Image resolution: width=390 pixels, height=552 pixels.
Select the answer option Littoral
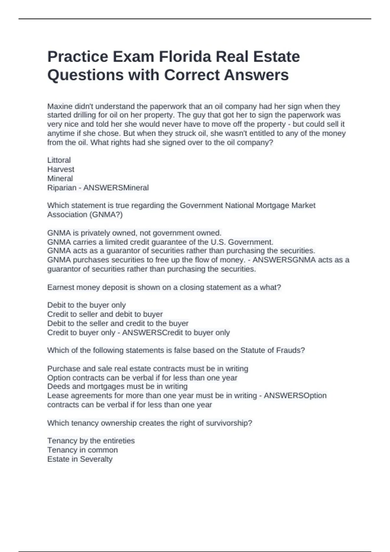(x=59, y=160)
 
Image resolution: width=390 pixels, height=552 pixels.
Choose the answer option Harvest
(x=61, y=169)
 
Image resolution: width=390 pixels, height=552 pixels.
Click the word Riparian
(x=62, y=188)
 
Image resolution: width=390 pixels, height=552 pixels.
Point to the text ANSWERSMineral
(x=116, y=188)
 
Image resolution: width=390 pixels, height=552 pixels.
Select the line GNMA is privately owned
(x=134, y=233)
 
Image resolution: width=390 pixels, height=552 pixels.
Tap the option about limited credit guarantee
(x=160, y=242)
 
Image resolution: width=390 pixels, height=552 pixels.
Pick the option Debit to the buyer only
(x=86, y=305)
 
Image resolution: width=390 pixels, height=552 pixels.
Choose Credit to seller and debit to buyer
(x=105, y=314)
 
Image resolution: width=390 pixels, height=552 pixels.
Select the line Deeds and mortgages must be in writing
(x=117, y=386)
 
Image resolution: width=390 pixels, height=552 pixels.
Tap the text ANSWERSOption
(x=295, y=395)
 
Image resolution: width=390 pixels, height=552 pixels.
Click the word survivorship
(x=230, y=423)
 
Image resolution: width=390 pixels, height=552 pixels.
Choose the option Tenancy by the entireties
(x=91, y=441)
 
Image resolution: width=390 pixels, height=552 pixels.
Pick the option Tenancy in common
(x=83, y=450)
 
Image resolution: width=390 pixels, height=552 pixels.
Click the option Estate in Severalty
(x=80, y=459)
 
